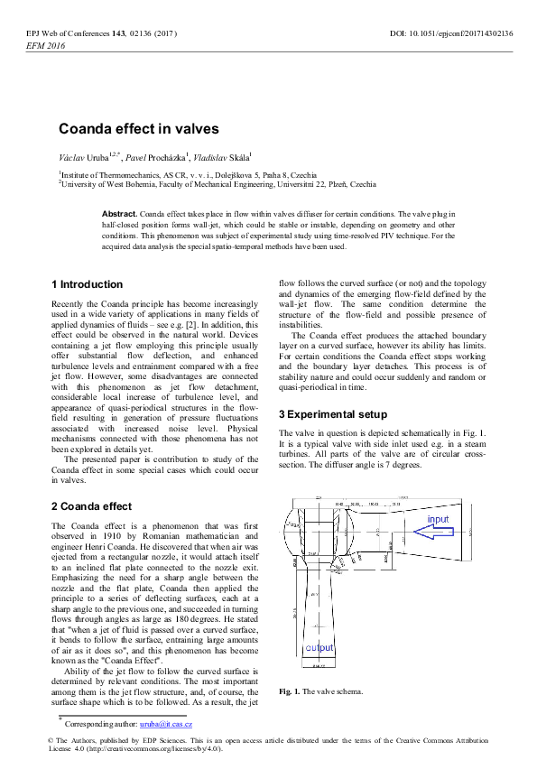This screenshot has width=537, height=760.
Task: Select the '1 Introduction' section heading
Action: [x=87, y=284]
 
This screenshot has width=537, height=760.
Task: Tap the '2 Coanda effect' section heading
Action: [x=92, y=506]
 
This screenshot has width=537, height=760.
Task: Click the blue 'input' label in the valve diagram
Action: [x=438, y=521]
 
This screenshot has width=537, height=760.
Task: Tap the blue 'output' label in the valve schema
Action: [x=319, y=648]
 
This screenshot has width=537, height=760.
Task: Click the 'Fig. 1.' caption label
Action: [x=289, y=691]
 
